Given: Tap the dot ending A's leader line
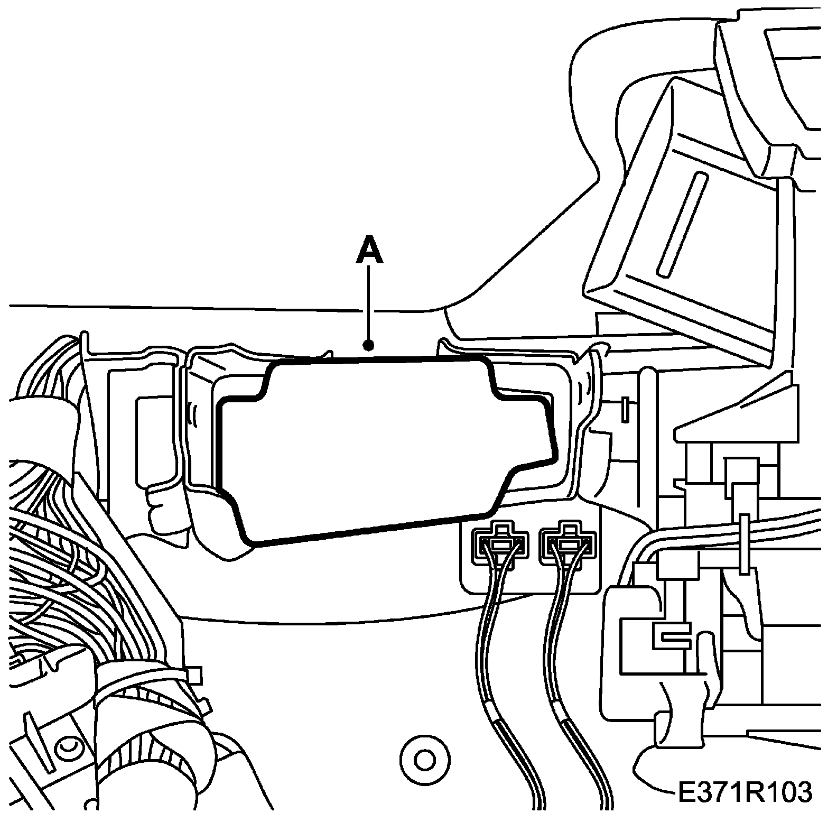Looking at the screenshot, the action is tap(369, 346).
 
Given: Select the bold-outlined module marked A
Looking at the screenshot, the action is tap(380, 449).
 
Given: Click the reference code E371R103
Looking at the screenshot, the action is tap(744, 792).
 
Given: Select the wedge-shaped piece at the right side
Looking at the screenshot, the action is tap(740, 410).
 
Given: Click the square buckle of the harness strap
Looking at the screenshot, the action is tap(193, 675).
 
